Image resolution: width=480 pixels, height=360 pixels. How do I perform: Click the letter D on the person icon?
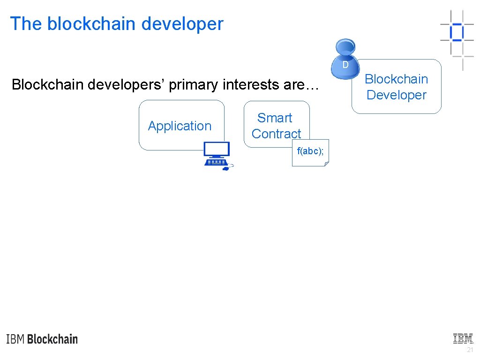345,65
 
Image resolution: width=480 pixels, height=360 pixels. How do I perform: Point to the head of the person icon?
345,47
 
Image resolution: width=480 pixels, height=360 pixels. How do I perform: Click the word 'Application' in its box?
180,126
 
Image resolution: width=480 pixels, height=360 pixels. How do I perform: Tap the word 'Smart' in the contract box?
275,118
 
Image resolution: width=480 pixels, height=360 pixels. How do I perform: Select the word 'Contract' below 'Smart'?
276,134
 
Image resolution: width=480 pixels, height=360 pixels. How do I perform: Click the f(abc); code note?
310,152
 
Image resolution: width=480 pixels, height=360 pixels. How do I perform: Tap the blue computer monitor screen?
217,150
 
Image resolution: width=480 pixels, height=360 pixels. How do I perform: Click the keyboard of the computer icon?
215,162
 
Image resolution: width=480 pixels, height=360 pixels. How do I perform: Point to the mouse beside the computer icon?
226,168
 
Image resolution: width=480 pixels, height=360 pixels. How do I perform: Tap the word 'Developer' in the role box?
397,95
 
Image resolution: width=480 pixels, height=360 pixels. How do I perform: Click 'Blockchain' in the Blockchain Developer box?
397,79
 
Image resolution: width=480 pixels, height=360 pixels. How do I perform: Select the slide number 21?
470,350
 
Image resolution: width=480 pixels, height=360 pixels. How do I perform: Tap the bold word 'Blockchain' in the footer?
52,339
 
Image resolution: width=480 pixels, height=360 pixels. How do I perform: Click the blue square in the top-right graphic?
456,32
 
